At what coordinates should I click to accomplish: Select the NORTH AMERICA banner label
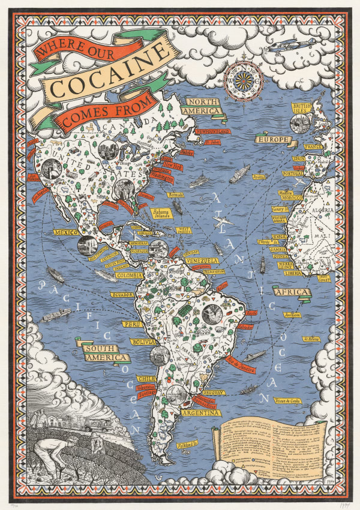point(203,106)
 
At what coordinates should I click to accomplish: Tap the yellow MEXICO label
point(67,232)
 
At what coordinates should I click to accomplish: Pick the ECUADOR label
point(121,295)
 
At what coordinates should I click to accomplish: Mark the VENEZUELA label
point(202,261)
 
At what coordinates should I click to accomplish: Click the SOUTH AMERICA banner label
point(103,353)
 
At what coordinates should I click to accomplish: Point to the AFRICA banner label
point(293,292)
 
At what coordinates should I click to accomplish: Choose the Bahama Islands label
point(160,213)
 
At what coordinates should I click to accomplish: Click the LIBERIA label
point(292,273)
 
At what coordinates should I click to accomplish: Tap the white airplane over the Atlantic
point(223,222)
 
